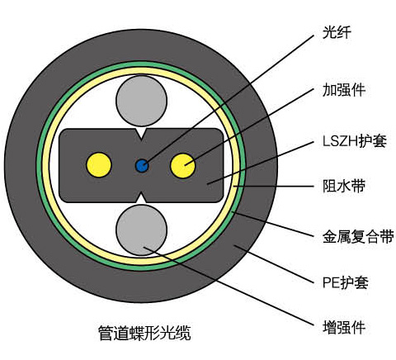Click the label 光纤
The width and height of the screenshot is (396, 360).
point(337,32)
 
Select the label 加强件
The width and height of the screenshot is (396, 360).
point(344,90)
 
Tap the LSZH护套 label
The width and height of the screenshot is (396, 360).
point(355,141)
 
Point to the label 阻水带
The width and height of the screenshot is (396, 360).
point(344,186)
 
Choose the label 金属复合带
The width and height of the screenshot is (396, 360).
point(358,236)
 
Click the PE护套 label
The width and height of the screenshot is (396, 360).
point(345,282)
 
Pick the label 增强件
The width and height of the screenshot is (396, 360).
point(344,327)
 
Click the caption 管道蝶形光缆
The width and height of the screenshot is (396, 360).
point(144,334)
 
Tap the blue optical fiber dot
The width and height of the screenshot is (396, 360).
point(142,166)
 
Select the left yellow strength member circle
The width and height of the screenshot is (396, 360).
point(99,165)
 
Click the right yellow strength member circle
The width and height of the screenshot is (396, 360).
point(183,166)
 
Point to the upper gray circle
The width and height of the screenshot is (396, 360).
point(142,101)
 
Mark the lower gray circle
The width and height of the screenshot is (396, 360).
point(142,230)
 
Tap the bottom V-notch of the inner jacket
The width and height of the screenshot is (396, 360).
point(142,197)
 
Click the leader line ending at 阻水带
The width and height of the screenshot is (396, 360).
point(274,187)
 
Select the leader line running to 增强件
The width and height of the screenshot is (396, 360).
point(229,287)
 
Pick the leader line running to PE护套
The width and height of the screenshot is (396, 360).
point(274,264)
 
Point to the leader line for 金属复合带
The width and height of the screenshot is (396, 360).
point(273,224)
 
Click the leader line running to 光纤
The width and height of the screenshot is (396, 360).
point(229,99)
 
